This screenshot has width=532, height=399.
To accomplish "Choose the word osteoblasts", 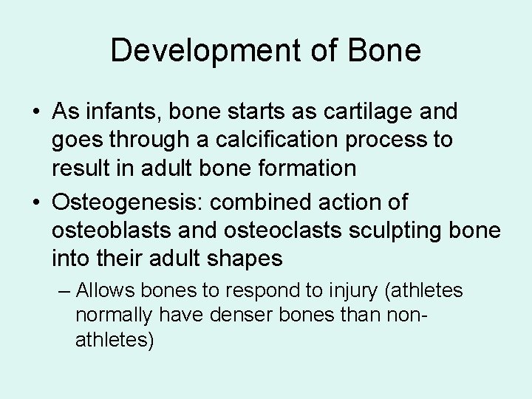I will click(x=108, y=230).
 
